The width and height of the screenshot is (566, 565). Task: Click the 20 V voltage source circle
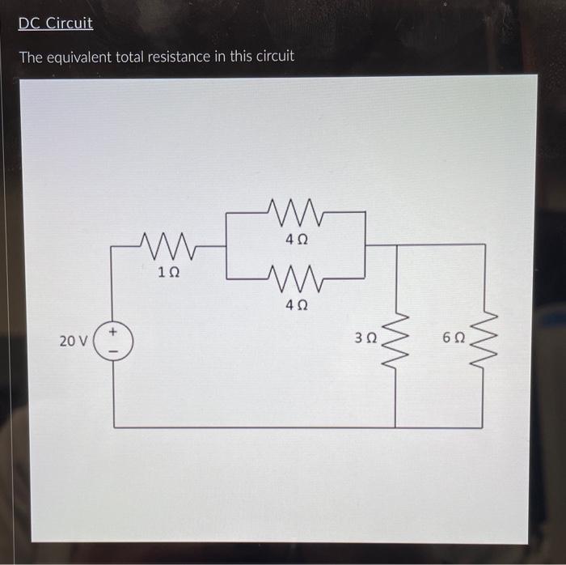[x=114, y=340]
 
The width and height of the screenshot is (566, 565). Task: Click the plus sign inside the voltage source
[x=114, y=331]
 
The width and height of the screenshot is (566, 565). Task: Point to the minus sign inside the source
[x=114, y=350]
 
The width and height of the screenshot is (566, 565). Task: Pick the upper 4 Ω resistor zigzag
[x=297, y=213]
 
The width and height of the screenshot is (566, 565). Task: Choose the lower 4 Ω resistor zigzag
[x=297, y=278]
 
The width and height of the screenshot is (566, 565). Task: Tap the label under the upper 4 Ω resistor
[x=297, y=240]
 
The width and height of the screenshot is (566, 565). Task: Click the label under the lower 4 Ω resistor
[x=297, y=306]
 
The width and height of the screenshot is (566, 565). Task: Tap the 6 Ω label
[x=454, y=337]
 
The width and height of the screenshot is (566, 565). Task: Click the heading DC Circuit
[x=56, y=23]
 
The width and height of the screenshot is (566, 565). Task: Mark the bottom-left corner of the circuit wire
[x=114, y=427]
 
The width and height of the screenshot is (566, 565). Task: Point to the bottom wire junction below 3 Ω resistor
[x=395, y=427]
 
